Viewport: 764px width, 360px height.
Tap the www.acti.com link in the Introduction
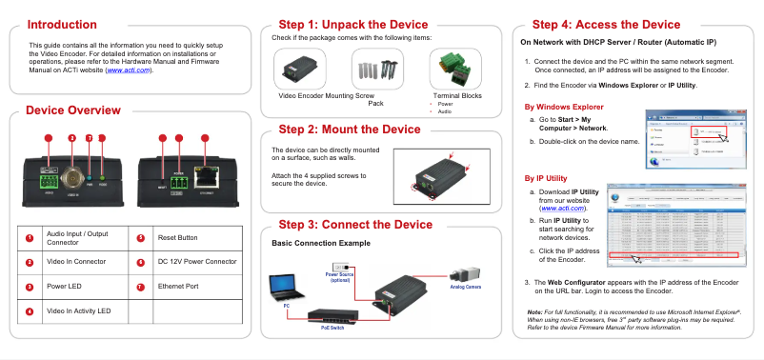click(129, 70)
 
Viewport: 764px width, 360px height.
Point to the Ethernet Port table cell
click(178, 285)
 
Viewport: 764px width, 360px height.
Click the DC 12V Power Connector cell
click(196, 260)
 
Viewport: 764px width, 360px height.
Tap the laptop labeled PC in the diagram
click(283, 289)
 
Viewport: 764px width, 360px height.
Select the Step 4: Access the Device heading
click(606, 24)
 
